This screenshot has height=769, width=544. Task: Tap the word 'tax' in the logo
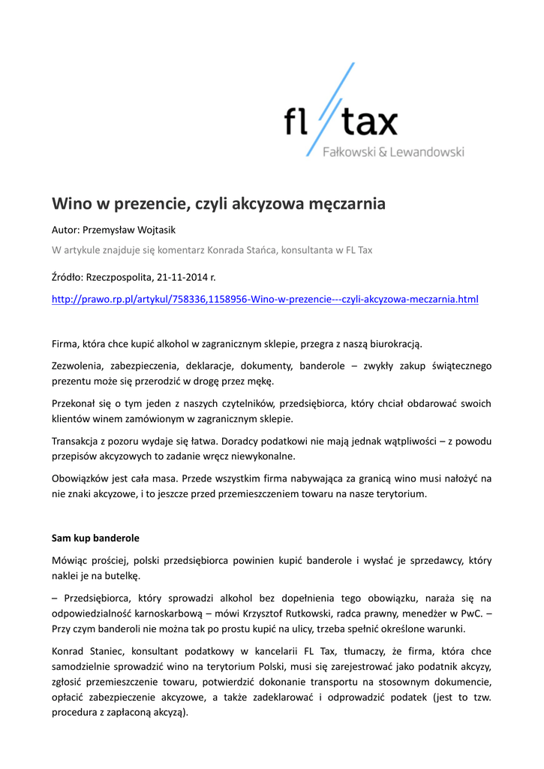[371, 122]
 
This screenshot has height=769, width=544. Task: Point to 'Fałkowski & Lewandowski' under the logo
[393, 152]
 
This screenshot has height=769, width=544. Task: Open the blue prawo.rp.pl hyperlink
[264, 300]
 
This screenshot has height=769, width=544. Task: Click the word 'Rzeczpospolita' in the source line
[117, 277]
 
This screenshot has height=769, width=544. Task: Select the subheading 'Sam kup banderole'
[95, 538]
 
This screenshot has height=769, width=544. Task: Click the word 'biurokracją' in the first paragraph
[396, 344]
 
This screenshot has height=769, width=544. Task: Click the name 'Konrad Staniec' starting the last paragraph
[84, 651]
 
